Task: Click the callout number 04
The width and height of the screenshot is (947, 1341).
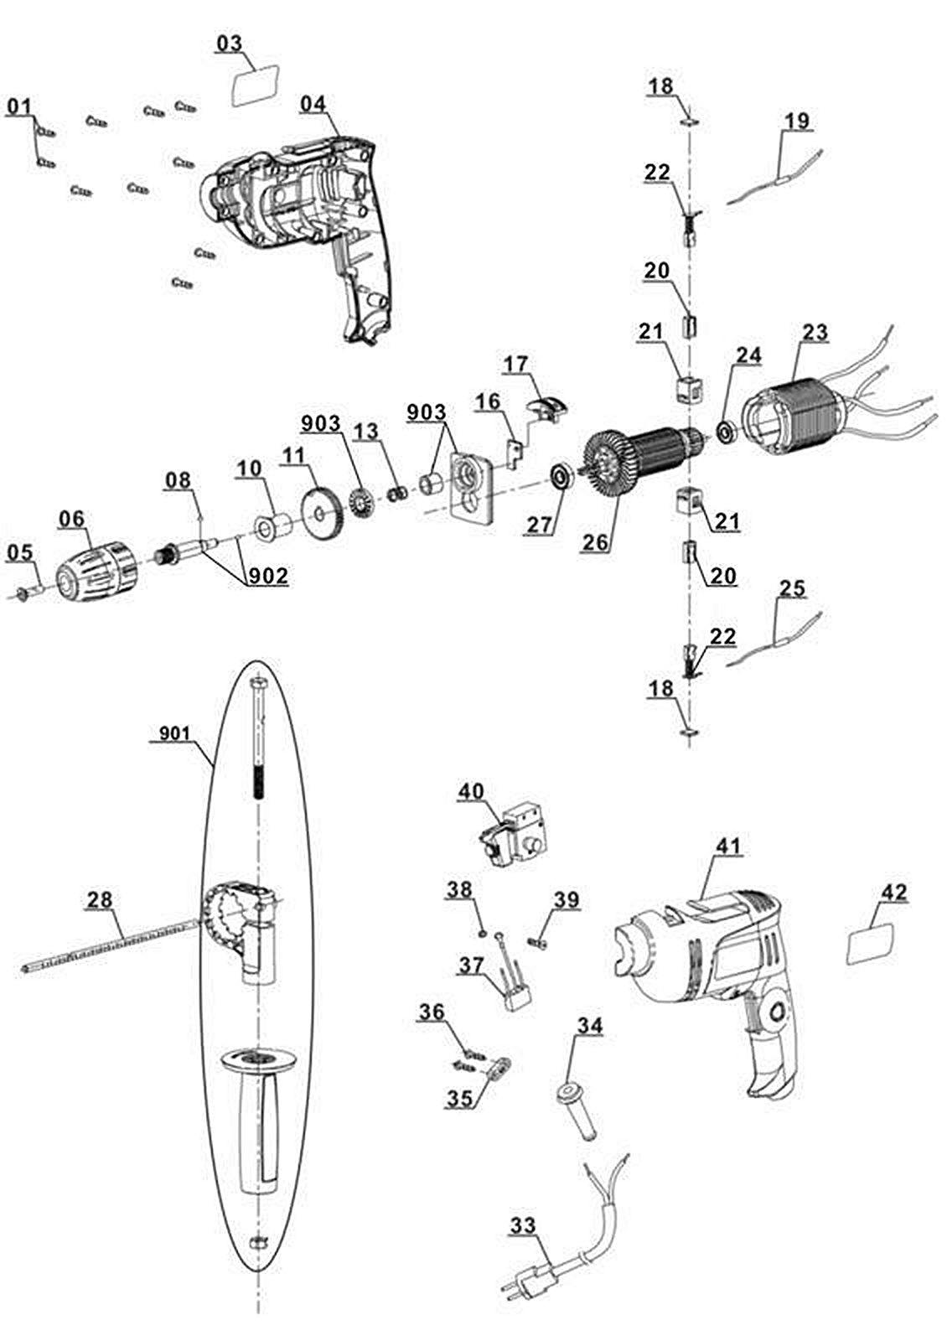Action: point(313,103)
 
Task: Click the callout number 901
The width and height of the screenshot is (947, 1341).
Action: point(175,734)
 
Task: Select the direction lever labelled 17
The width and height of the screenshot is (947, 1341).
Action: point(547,410)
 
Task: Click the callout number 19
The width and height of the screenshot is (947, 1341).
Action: point(797,121)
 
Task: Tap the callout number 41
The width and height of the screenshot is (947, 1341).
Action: point(728,847)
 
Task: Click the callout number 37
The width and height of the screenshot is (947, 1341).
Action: point(472,966)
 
